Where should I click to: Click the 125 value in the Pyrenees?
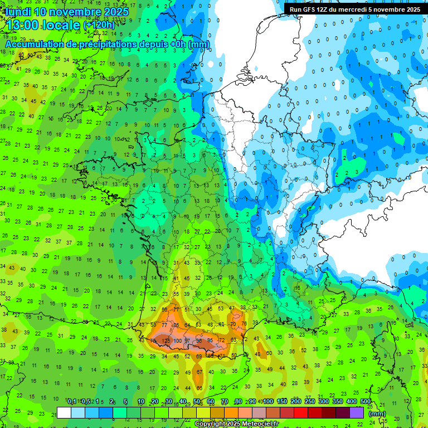(166, 340)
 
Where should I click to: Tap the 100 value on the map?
(178, 341)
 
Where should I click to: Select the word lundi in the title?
(19, 11)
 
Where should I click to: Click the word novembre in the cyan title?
(78, 11)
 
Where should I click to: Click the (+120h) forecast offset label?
(99, 25)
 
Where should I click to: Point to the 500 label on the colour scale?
(366, 402)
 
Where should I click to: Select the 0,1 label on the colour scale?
(72, 402)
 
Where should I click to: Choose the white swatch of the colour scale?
(64, 412)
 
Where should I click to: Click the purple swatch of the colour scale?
(357, 412)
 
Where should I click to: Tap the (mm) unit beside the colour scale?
(377, 413)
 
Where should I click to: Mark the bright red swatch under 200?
(301, 412)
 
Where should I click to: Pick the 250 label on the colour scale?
(310, 402)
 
